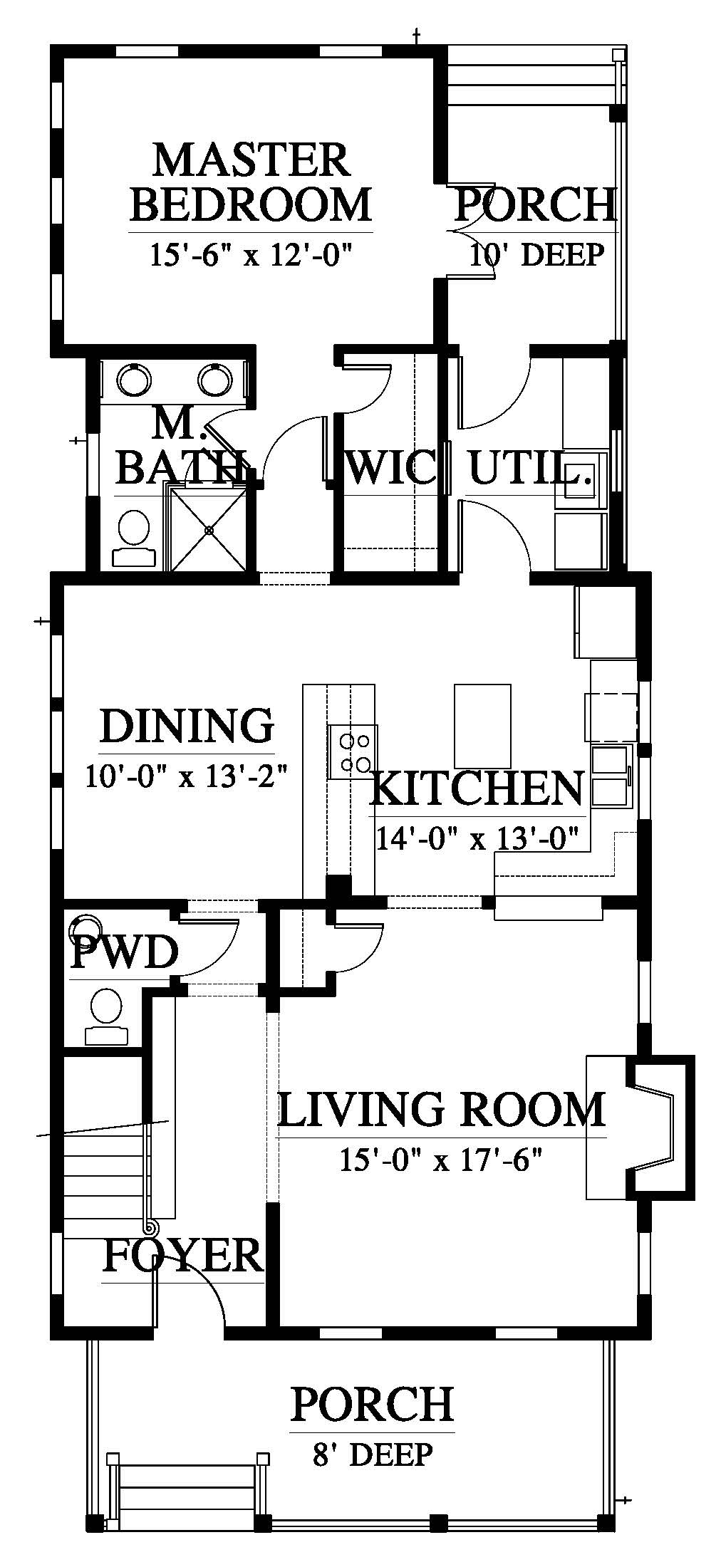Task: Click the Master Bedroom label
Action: [252, 182]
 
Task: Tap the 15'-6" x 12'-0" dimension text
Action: [252, 254]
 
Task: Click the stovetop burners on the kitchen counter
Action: [353, 752]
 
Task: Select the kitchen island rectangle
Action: [482, 724]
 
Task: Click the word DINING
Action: [187, 726]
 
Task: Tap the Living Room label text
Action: [441, 1109]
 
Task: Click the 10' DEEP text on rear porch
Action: [536, 254]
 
